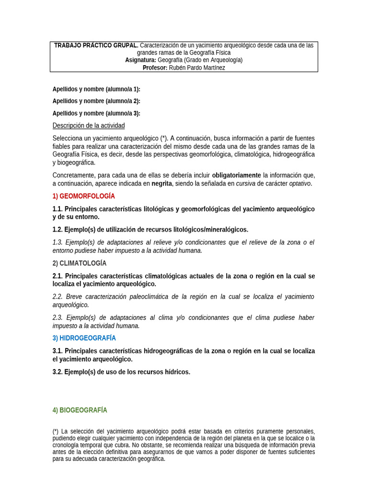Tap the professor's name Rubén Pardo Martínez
click(x=197, y=68)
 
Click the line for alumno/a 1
click(x=96, y=89)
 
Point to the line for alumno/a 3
click(x=96, y=114)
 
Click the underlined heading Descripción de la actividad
click(x=89, y=126)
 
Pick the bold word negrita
click(x=161, y=183)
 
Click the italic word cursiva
click(x=245, y=183)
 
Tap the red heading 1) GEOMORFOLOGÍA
click(x=84, y=196)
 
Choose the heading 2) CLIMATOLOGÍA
click(x=80, y=263)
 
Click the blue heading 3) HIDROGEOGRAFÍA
click(x=84, y=338)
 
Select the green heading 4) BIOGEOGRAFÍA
click(x=80, y=410)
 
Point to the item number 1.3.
click(x=57, y=243)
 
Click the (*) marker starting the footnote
click(x=56, y=432)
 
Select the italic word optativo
click(x=299, y=183)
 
